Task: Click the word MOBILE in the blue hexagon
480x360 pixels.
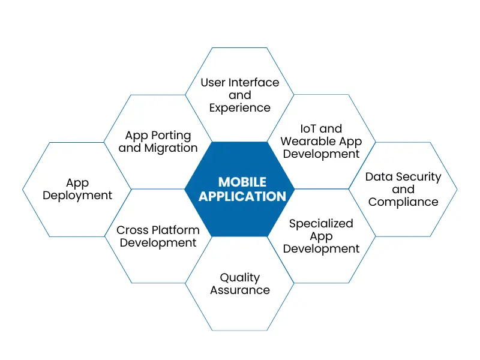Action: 240,182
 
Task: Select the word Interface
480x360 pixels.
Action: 254,82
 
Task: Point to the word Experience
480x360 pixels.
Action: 240,108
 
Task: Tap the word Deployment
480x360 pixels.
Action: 77,196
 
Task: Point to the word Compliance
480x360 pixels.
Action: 403,202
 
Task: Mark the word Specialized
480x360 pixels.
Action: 321,224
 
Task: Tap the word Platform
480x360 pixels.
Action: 176,230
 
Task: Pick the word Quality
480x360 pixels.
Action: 240,277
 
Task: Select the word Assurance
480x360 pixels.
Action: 240,290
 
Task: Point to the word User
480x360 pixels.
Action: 213,82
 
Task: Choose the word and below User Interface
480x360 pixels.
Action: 240,95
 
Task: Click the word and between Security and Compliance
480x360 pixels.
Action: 403,190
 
